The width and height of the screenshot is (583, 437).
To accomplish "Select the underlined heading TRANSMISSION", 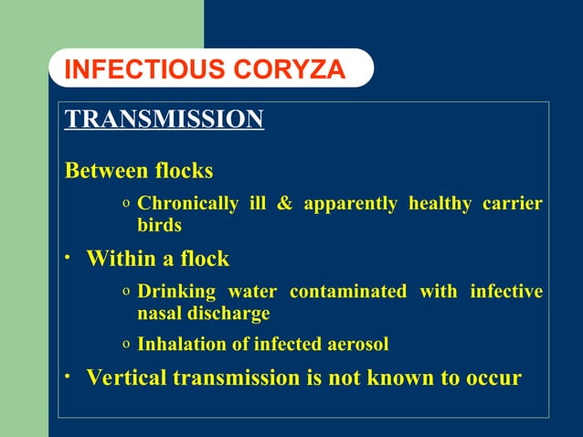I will tap(164, 119).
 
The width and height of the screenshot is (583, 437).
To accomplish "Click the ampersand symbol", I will tap(284, 203).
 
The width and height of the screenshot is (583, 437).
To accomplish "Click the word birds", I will tap(159, 225).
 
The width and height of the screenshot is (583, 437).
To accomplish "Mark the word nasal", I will tap(161, 314).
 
